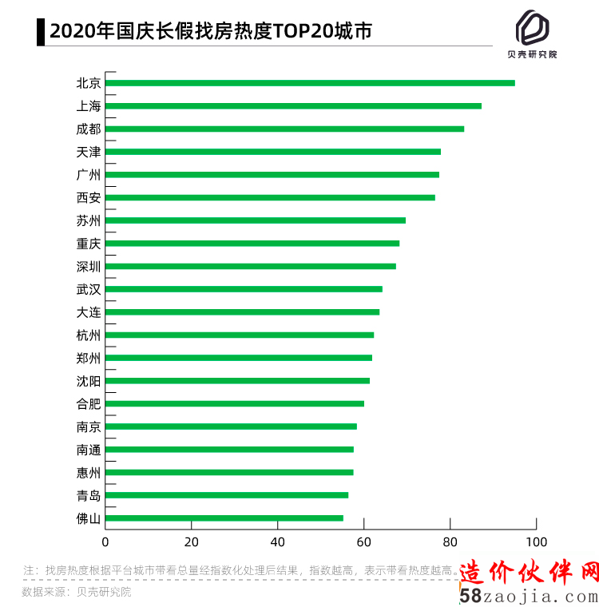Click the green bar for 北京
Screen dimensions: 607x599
[x=310, y=83]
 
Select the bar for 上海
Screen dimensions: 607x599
[x=293, y=105]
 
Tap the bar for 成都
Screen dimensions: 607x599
[x=284, y=129]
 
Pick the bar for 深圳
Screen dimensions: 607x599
[x=250, y=266]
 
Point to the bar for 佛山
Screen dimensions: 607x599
[x=224, y=518]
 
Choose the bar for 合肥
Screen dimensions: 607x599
[x=234, y=403]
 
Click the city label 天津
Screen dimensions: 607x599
[x=89, y=152]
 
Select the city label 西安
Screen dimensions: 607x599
[x=89, y=197]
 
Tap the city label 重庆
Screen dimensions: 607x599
[x=89, y=243]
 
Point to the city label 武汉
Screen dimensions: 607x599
[x=89, y=289]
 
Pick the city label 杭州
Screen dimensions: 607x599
[x=89, y=335]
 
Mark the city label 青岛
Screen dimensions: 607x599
[x=89, y=495]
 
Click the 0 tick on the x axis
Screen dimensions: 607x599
[x=105, y=542]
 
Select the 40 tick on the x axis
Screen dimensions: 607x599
[x=278, y=542]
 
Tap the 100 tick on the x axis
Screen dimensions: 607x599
[x=536, y=542]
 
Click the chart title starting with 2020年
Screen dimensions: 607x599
[x=211, y=32]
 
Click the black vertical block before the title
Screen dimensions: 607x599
[x=41, y=32]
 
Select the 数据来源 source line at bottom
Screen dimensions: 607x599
[x=77, y=592]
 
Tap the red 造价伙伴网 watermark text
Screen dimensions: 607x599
[x=530, y=572]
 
